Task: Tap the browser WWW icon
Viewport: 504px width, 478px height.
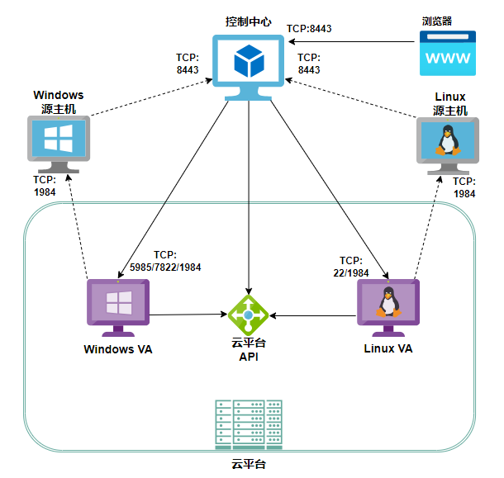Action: [447, 54]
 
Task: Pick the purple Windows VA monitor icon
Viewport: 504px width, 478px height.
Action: [119, 306]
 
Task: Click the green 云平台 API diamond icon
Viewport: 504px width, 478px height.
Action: [249, 315]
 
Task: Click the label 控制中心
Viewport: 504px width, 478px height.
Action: [249, 20]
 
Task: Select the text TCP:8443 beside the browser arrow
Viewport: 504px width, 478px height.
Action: [309, 29]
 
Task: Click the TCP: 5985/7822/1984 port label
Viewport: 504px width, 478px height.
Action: [165, 261]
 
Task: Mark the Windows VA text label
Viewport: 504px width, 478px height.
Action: [118, 348]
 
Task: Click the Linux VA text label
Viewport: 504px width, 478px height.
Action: [388, 348]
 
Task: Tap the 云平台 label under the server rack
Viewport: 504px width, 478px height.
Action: [249, 466]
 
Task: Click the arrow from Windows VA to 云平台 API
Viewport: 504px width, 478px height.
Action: [190, 315]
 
